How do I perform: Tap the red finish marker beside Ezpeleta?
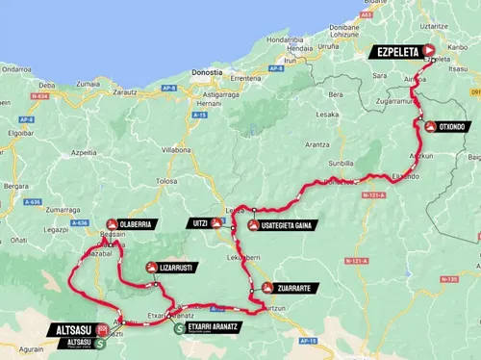(x=429, y=52)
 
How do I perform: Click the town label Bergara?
(x=14, y=180)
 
